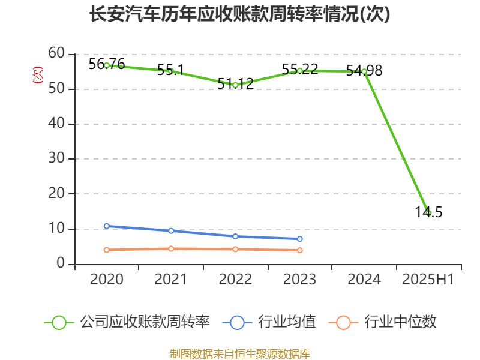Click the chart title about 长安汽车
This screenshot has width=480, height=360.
[239, 14]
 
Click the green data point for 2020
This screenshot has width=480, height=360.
[107, 65]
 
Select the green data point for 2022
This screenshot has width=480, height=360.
[235, 85]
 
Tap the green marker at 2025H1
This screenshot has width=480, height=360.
[428, 212]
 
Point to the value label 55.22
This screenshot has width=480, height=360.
[299, 69]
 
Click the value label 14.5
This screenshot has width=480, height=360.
[428, 212]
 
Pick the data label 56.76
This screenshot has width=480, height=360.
[107, 64]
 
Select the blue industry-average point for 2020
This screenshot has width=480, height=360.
[107, 226]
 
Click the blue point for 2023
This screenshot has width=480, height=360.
[300, 239]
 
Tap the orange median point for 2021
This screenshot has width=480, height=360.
[171, 248]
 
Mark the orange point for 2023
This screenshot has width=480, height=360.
[300, 250]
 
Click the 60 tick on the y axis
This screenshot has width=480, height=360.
[57, 53]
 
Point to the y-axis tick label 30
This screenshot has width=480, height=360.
[57, 159]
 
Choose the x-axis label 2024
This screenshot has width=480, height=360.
[364, 279]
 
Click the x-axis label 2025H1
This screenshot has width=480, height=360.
[428, 279]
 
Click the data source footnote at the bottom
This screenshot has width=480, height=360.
[239, 353]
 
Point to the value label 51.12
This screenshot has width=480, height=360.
[235, 84]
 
